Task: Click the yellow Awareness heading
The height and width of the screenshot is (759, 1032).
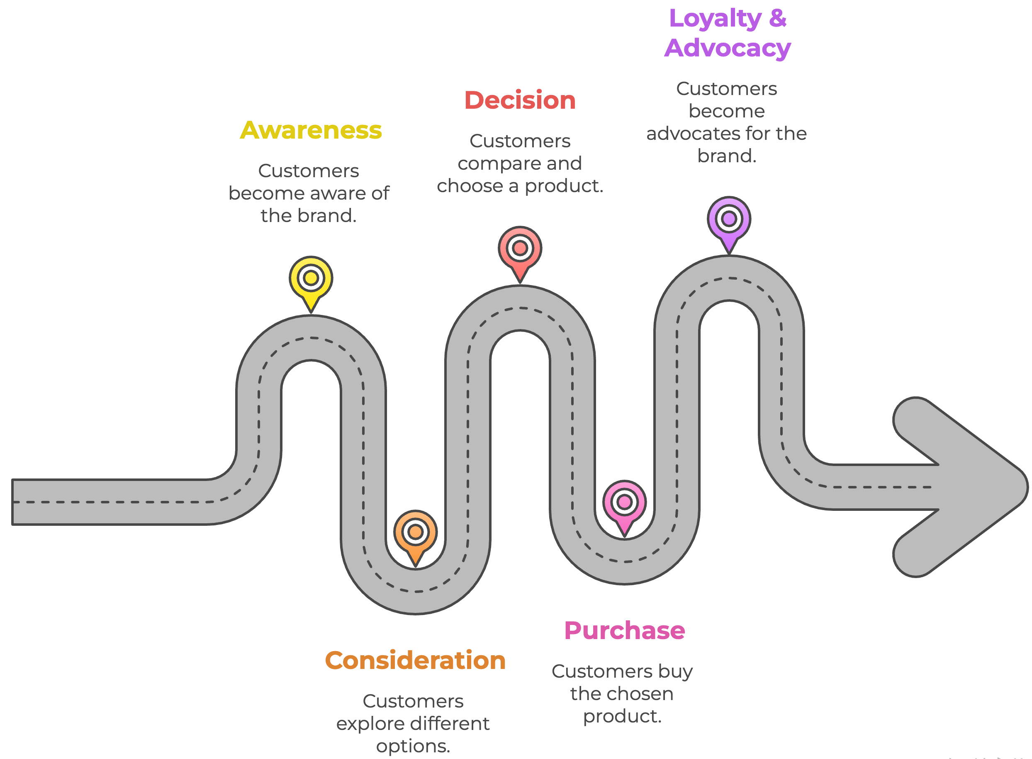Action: pyautogui.click(x=311, y=130)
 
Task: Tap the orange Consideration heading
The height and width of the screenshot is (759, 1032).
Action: pyautogui.click(x=415, y=661)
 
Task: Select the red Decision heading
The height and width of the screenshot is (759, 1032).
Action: pyautogui.click(x=519, y=100)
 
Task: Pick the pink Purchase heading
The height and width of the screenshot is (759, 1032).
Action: pyautogui.click(x=624, y=630)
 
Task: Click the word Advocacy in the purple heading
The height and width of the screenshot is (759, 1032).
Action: pyautogui.click(x=728, y=48)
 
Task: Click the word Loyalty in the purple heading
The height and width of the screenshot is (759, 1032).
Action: pyautogui.click(x=715, y=19)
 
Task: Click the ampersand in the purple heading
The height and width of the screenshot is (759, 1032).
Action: pyautogui.click(x=778, y=18)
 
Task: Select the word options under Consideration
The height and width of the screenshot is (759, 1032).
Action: pyautogui.click(x=412, y=746)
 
